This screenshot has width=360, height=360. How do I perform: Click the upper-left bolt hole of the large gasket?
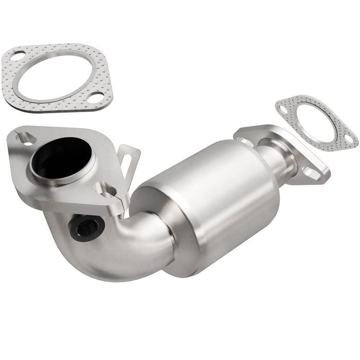(16, 56)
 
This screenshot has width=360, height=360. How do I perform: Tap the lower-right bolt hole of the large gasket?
(93, 96)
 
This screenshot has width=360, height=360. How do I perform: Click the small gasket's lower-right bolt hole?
(348, 138)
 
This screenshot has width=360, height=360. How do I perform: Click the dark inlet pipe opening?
(61, 157)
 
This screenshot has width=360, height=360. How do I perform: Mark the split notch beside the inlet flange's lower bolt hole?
(121, 203)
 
